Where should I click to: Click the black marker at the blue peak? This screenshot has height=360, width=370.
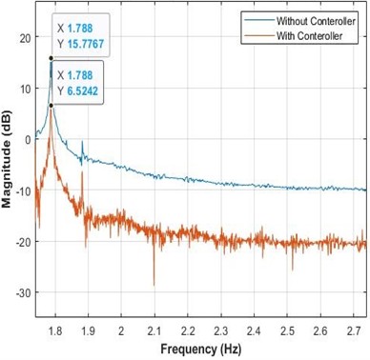click(x=51, y=58)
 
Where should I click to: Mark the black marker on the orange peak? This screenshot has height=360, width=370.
click(x=51, y=105)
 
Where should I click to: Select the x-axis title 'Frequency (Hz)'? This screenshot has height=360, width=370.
click(x=200, y=350)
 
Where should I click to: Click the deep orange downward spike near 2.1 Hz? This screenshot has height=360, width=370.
click(x=154, y=282)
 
